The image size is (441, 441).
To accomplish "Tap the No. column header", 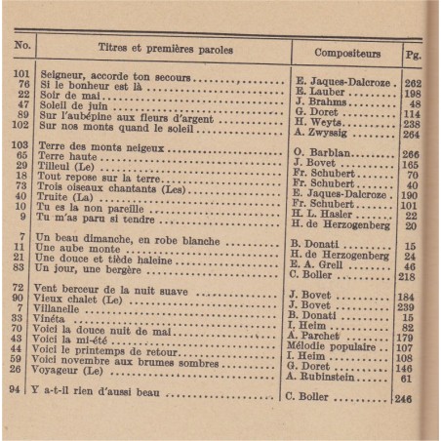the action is (22, 46).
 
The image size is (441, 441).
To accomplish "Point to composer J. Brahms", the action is (320, 104).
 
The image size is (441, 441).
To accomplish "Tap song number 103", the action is (22, 145).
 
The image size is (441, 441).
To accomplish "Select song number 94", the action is (21, 392).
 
